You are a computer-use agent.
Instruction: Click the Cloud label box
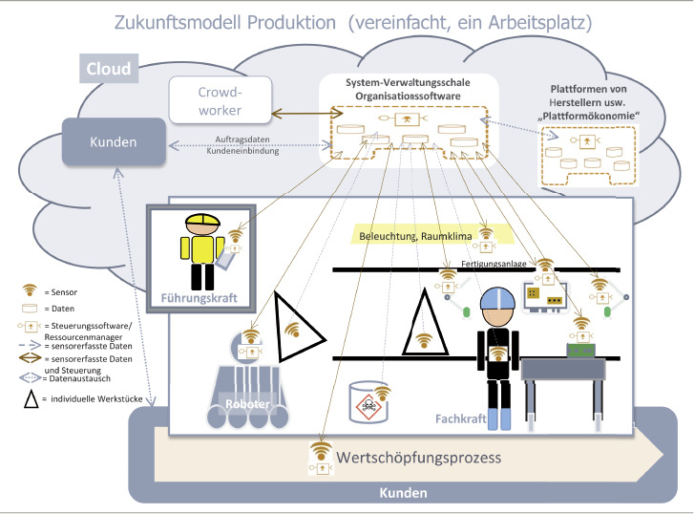107,69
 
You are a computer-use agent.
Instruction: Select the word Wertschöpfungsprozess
418,458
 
